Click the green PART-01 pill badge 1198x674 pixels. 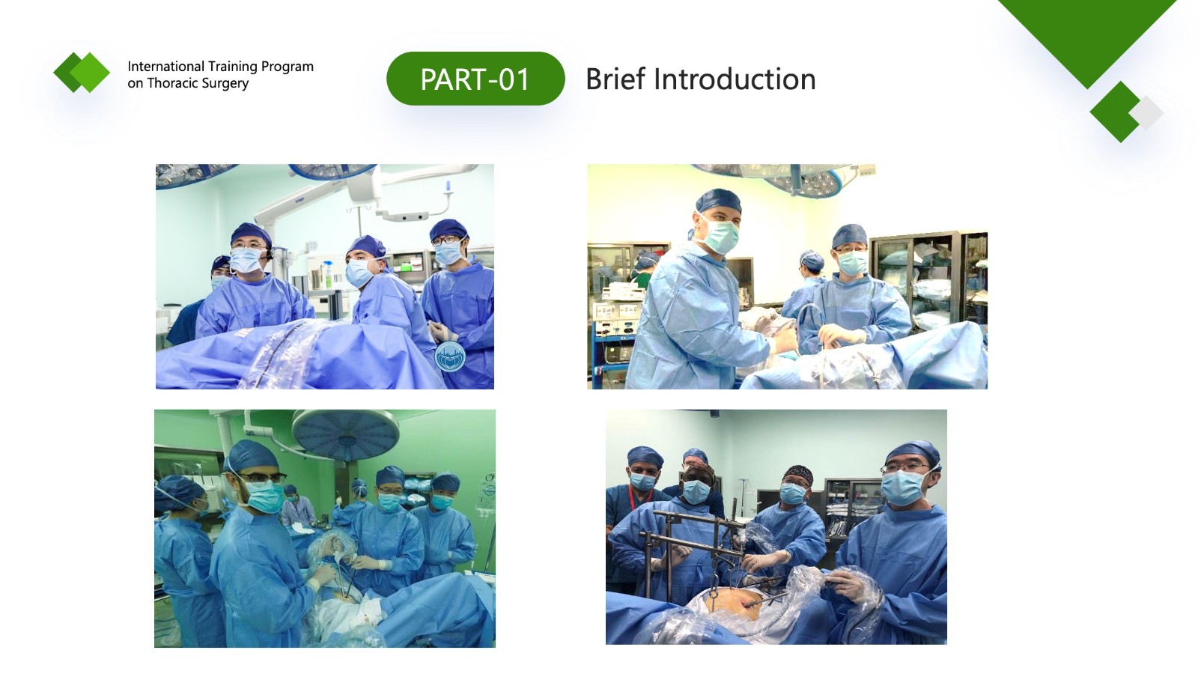(x=475, y=79)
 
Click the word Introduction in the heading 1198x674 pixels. (x=735, y=79)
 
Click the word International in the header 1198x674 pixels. (x=165, y=67)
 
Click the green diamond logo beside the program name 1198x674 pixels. (x=82, y=72)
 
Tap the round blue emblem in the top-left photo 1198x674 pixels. (x=450, y=356)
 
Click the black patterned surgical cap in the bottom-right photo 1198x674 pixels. (x=798, y=473)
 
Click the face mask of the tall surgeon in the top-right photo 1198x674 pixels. (x=722, y=236)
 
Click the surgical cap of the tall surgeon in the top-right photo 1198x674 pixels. (x=718, y=201)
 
